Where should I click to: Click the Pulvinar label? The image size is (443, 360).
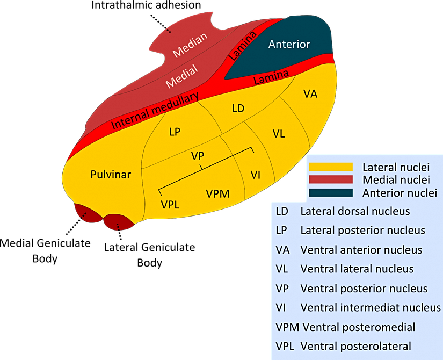111,175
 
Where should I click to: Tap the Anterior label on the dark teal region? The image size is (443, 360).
289,44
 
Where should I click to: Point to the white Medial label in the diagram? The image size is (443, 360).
181,76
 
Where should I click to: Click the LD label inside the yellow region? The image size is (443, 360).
238,109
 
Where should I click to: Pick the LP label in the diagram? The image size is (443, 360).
175,132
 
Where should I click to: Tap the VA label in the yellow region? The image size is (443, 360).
310,94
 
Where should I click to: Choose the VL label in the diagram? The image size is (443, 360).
278,134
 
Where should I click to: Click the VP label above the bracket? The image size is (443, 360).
198,156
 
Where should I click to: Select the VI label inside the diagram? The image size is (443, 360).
256,175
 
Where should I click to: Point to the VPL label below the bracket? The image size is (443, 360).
170,204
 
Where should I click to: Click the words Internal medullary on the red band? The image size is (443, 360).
155,111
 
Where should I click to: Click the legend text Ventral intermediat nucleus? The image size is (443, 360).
370,308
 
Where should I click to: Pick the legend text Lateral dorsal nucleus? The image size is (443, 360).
355,211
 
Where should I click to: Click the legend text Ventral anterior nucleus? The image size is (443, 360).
361,250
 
